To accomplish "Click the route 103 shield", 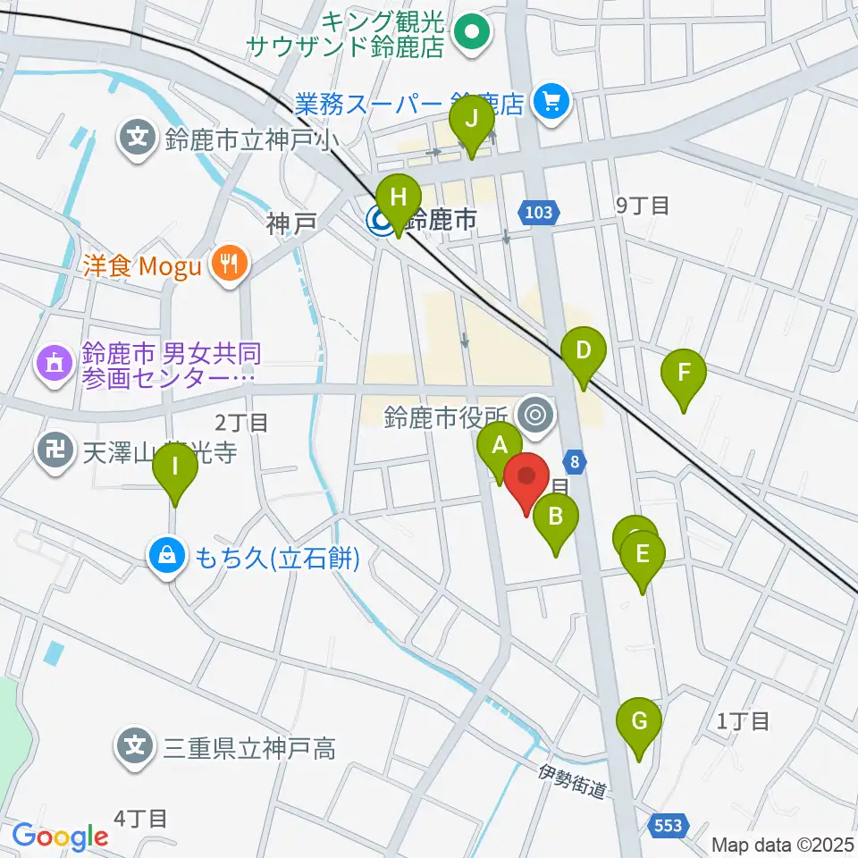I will point(540,213).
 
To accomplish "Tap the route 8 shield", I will point(576,461).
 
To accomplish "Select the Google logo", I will point(60,837).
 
